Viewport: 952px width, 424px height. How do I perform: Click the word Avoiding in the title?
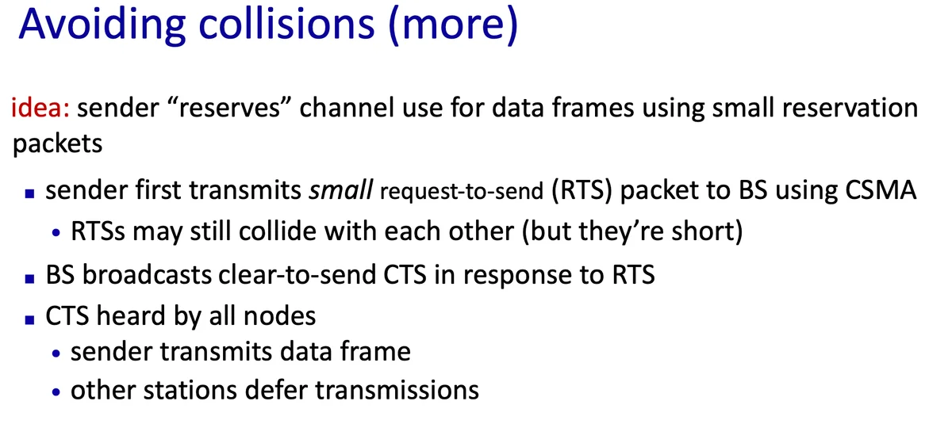coord(102,25)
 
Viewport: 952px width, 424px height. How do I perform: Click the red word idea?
coord(40,107)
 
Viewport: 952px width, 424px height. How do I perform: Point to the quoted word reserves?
coord(229,107)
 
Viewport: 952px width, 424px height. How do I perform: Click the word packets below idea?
coord(57,143)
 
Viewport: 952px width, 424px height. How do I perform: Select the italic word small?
coord(341,189)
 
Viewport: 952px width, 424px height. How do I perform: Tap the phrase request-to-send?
coord(462,191)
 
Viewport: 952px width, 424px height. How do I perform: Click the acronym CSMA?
coord(881,189)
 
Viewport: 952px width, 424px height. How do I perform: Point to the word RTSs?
coord(98,231)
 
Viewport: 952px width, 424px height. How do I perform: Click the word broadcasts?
coord(147,274)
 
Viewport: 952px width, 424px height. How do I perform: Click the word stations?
coord(190,390)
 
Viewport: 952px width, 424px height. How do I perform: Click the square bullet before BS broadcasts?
coord(30,278)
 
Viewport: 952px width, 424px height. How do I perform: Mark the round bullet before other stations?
coord(56,392)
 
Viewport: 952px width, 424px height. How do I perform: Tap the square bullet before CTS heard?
coord(30,319)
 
